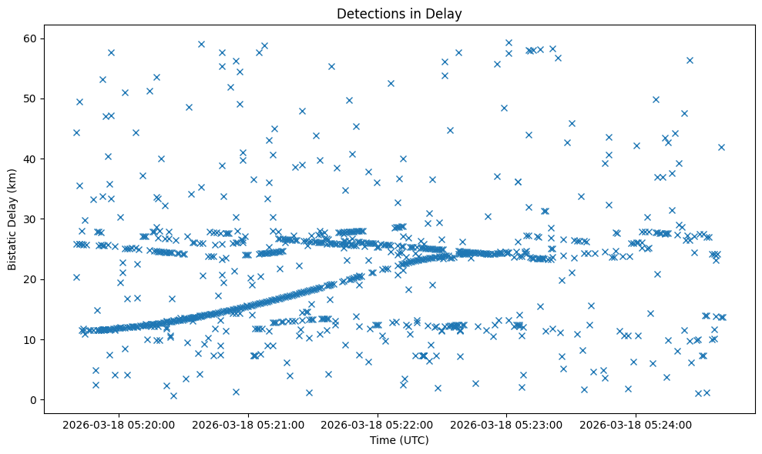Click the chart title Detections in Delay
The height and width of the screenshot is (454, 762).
point(399,13)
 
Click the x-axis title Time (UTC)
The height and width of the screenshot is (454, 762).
point(399,441)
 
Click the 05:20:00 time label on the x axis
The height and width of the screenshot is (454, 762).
point(119,424)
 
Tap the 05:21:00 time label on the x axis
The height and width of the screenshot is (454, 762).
point(249,424)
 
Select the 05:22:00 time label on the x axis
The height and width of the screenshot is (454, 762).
point(378,424)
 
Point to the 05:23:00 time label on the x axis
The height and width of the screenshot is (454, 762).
point(507,424)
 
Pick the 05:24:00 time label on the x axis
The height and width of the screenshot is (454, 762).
point(636,424)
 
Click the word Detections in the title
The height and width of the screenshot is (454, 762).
point(368,13)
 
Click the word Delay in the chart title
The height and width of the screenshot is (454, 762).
point(446,13)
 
